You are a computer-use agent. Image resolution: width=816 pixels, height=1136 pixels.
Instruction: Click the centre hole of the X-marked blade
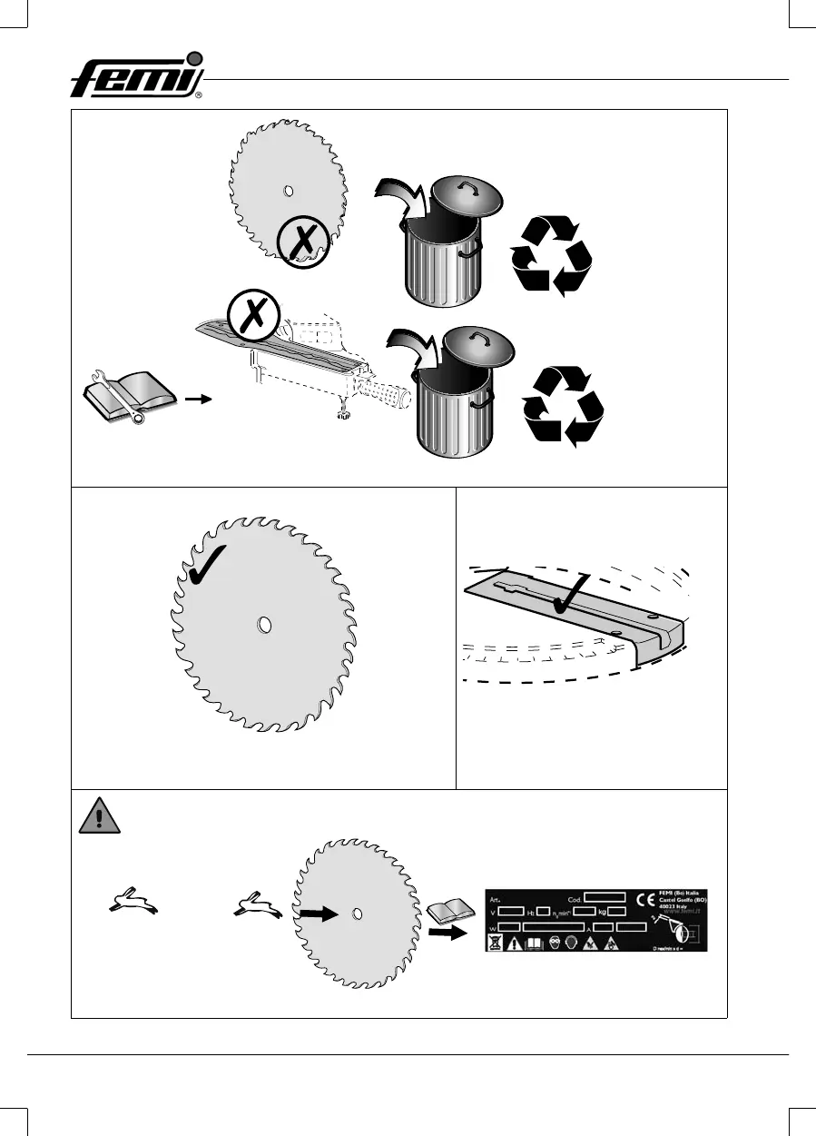288,191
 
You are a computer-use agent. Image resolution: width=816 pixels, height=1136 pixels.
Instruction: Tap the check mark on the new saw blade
210,566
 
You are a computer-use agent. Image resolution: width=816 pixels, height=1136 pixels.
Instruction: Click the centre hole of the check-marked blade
264,625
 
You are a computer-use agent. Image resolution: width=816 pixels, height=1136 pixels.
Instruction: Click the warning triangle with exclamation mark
95,818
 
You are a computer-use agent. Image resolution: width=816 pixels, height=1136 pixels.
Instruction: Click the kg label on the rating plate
601,911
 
